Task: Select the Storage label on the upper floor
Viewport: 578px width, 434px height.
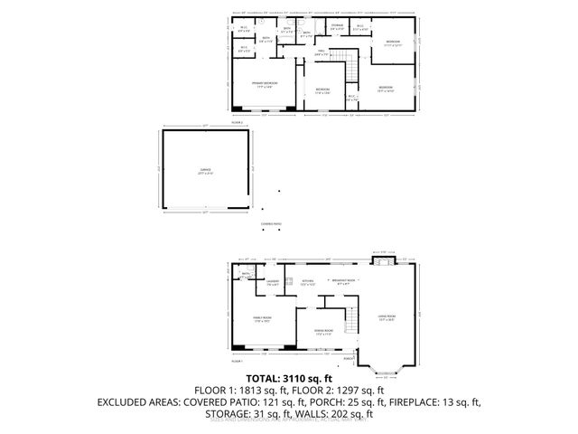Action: click(x=336, y=26)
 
